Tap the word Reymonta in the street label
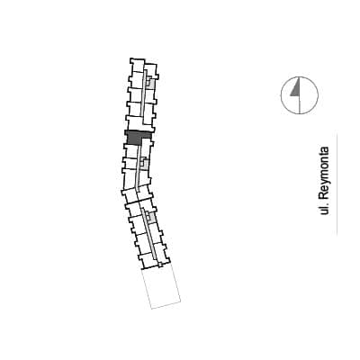click(x=324, y=173)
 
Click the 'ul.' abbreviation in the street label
click(x=324, y=209)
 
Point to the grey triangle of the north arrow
click(x=296, y=88)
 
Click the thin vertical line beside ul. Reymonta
click(x=337, y=184)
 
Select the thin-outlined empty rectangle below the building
click(x=161, y=287)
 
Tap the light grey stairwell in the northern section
click(x=151, y=82)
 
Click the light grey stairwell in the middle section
click(x=145, y=164)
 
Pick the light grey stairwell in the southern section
click(x=151, y=218)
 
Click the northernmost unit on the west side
click(x=137, y=65)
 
